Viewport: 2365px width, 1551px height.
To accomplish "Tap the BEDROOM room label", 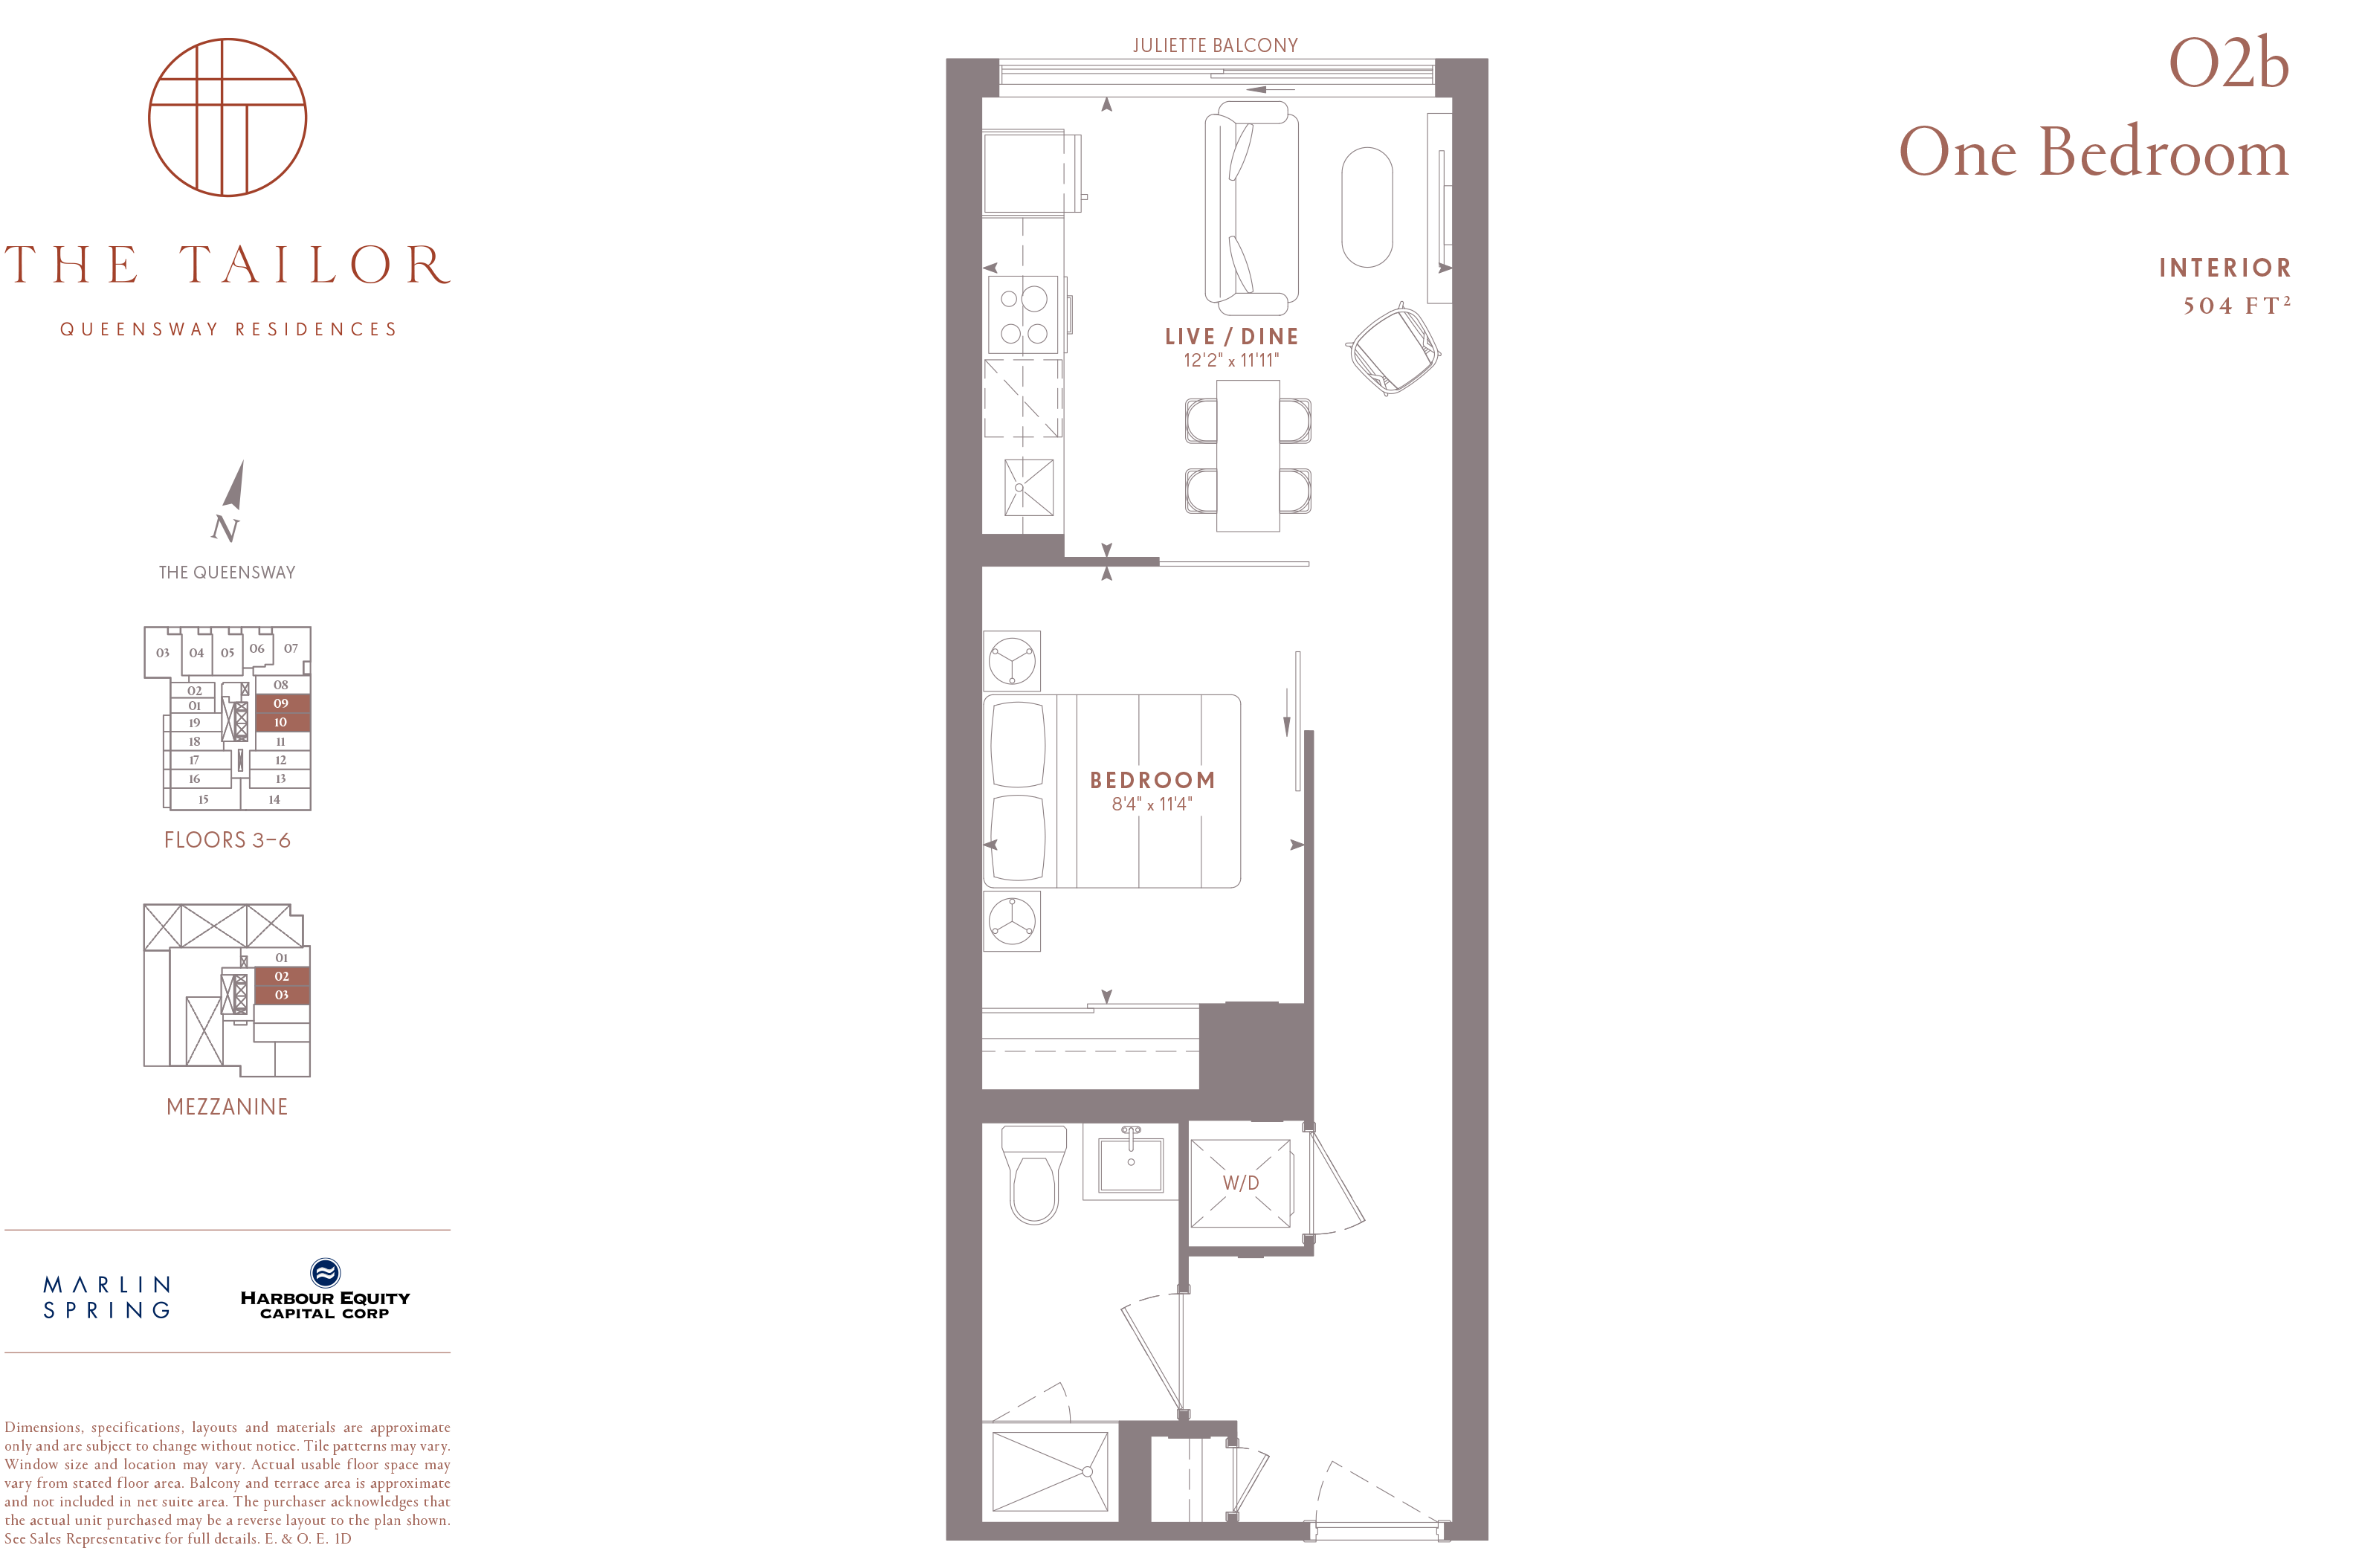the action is [1152, 780].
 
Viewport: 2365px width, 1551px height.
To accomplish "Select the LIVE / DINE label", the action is [1231, 337].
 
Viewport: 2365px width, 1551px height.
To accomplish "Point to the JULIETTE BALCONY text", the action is [1216, 45].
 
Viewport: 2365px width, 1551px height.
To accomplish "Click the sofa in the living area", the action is [1251, 210].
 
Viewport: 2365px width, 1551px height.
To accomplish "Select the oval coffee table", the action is [1367, 207].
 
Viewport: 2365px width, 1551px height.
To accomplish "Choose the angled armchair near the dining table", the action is [1393, 349].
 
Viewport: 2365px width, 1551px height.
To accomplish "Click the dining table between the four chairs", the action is [1248, 456].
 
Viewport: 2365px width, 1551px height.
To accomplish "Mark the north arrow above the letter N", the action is [234, 485].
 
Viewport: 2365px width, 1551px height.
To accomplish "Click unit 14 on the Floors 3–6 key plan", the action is [275, 799].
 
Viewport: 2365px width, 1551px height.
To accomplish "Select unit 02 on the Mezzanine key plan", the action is [283, 976].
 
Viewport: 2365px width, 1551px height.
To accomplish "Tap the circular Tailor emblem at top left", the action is [228, 117].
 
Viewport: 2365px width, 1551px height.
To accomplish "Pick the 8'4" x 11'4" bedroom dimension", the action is [1152, 804].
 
